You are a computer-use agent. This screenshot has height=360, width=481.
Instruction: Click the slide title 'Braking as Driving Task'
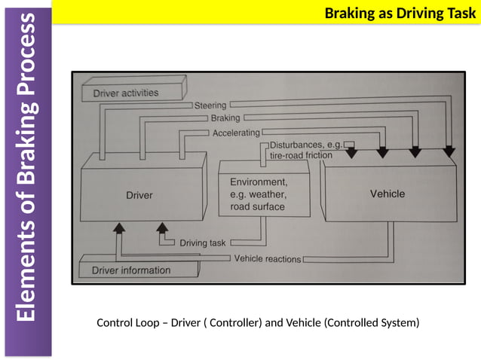point(400,12)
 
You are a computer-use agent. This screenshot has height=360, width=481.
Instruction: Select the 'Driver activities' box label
point(125,93)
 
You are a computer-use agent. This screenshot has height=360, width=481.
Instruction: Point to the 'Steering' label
point(210,106)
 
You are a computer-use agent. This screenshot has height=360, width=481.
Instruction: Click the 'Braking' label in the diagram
point(225,119)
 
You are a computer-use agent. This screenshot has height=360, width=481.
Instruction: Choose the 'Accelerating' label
point(236,133)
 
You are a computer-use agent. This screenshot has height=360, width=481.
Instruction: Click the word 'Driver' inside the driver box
point(139,195)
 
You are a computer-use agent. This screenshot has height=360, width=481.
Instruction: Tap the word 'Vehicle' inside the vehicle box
point(387,194)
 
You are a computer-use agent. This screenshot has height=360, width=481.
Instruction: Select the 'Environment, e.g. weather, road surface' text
point(257,194)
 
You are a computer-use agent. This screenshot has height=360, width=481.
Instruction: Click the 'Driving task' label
point(203,243)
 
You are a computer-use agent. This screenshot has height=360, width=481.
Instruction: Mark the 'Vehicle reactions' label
point(268,258)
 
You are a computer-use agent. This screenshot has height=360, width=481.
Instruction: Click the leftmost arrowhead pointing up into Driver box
point(118,227)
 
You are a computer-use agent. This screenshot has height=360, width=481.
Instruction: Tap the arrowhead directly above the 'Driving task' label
point(161,227)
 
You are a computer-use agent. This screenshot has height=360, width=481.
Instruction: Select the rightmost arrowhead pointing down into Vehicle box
point(448,153)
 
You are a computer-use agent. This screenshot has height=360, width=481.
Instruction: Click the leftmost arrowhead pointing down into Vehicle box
point(351,153)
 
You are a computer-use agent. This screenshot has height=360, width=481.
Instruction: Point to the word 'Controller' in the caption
point(233,323)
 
